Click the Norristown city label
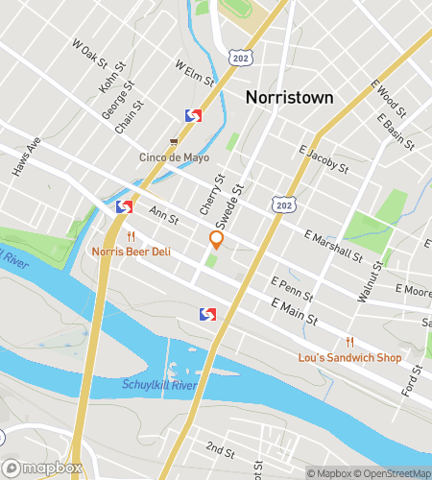click(x=289, y=97)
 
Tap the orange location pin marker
click(x=216, y=240)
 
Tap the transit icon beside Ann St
click(x=124, y=205)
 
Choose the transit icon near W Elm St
click(x=193, y=115)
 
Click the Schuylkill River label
click(x=160, y=385)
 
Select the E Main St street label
click(x=294, y=311)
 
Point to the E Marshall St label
click(x=332, y=245)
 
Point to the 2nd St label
click(x=220, y=448)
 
